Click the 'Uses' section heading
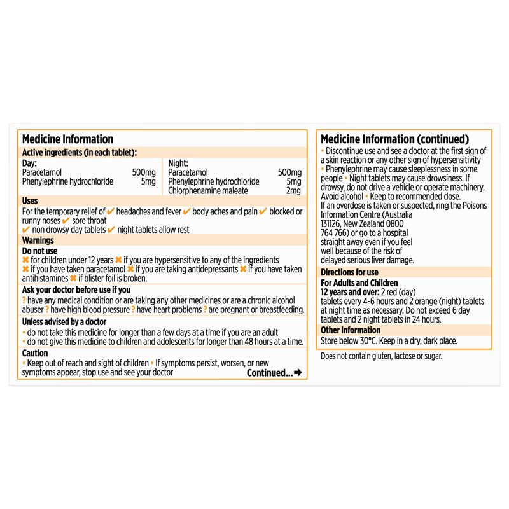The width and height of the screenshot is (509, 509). click(x=30, y=200)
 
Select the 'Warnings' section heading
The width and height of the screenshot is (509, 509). click(x=38, y=241)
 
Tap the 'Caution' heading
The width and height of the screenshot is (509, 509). click(x=35, y=352)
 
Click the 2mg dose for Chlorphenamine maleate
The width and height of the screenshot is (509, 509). click(x=293, y=191)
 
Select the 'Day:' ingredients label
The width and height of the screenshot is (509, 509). click(x=29, y=163)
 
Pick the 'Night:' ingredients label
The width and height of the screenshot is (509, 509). click(x=178, y=163)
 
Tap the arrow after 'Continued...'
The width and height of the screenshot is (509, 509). click(x=297, y=373)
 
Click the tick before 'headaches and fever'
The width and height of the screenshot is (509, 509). click(x=111, y=211)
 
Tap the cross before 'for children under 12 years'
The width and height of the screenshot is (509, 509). click(x=25, y=260)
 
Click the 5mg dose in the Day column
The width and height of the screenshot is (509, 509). click(x=149, y=182)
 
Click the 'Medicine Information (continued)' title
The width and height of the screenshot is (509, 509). click(x=395, y=139)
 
